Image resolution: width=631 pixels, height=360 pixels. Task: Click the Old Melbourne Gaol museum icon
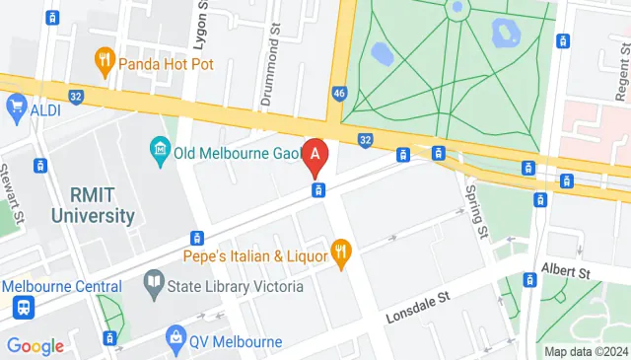pos(159,152)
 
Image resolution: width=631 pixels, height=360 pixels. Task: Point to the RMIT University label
pos(74,204)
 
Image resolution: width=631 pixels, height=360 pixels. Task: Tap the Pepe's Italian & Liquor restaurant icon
pos(342,253)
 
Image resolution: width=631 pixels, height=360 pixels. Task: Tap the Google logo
pos(35,346)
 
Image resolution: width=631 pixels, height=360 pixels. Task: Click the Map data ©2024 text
pos(587,351)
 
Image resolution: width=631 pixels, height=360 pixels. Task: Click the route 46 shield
pos(339,93)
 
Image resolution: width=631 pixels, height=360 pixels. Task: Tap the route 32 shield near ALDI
pos(76,96)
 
